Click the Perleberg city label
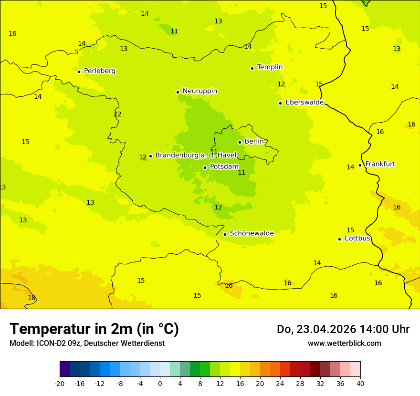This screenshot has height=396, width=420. click(99, 71)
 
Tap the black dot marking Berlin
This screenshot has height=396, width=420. click(240, 142)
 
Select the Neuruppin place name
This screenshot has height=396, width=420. click(199, 91)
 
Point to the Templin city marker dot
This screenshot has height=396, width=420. click(252, 68)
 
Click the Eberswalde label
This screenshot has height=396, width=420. click(304, 103)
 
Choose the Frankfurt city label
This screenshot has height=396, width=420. click(380, 164)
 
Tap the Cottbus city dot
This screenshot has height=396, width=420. click(339, 239)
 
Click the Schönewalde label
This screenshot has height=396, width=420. click(252, 233)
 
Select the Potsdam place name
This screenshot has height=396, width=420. click(224, 167)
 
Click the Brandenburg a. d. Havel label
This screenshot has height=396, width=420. click(196, 156)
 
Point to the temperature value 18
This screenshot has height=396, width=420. click(31, 298)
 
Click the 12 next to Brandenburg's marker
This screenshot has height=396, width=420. click(143, 157)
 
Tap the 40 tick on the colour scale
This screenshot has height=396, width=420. click(360, 384)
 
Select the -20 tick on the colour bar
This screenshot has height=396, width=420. click(60, 384)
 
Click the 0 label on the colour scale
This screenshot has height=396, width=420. click(160, 384)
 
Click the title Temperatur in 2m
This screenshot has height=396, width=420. click(94, 329)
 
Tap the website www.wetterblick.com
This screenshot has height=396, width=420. click(344, 344)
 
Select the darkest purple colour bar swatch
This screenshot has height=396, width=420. click(64, 369)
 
